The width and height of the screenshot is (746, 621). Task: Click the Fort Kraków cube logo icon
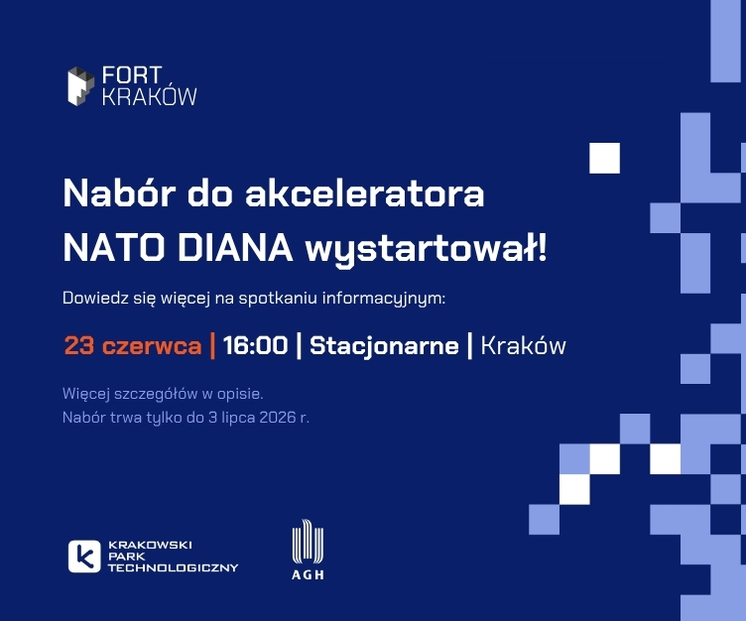pos(80,86)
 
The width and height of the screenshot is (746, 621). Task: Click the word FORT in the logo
pos(132,75)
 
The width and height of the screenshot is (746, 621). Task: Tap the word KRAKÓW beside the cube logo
pos(149,96)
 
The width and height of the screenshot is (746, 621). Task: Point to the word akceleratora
pos(364,193)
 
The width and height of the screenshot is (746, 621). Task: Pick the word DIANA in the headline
pos(235,248)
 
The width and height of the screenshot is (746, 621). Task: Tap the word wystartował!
pos(427,249)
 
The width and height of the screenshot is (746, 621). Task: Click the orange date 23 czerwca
pos(133,345)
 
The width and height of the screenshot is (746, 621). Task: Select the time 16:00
pos(256,345)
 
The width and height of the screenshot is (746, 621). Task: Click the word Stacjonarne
pos(385,346)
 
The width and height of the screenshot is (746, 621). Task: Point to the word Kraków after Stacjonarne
pos(524,345)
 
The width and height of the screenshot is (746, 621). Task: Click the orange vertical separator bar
pos(212,345)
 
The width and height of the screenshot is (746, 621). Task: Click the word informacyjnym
pos(384,299)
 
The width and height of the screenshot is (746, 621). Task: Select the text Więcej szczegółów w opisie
pos(163,395)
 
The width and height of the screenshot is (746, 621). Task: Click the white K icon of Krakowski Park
pos(84,557)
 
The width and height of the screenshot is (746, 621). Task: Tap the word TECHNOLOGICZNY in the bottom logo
pos(174,567)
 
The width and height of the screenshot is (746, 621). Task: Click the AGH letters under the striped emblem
pos(308,574)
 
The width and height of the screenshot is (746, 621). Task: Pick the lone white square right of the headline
pos(605,158)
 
